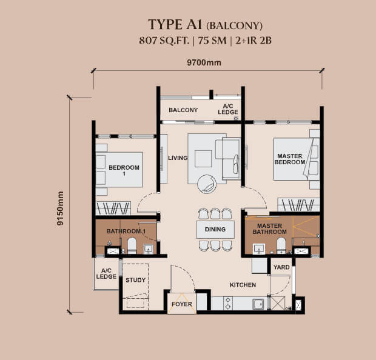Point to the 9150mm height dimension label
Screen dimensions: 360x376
point(60,208)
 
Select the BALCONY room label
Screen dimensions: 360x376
point(183,110)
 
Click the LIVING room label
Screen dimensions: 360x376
point(178,158)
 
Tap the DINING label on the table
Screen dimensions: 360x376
point(215,230)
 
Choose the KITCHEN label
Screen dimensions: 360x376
point(243,285)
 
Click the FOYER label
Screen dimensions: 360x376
point(182,304)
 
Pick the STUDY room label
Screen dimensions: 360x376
point(135,281)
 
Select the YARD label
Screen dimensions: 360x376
point(281,267)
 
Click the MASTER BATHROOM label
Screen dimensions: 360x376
point(270,228)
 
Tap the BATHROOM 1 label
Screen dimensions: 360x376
point(126,232)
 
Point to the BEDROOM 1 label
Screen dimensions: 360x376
point(124,171)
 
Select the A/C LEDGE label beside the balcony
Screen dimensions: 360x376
point(229,108)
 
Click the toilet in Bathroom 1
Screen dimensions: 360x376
point(132,246)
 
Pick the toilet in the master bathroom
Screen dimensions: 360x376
point(281,245)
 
